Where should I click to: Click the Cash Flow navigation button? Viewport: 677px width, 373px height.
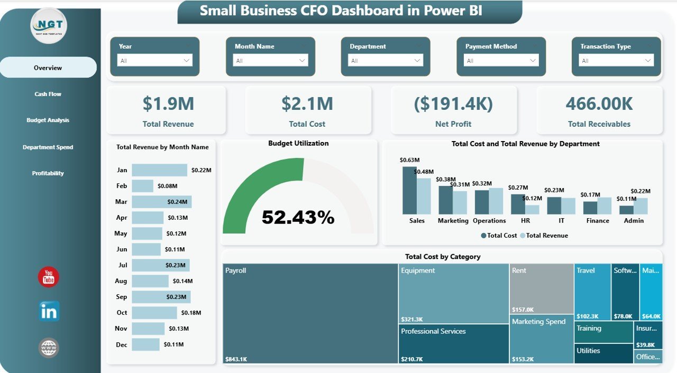pos(48,94)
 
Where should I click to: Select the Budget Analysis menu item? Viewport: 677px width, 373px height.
pos(48,120)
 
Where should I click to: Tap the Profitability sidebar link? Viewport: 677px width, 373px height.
pos(48,173)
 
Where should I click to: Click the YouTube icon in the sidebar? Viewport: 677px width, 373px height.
pos(49,277)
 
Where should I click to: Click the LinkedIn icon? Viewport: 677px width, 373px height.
pos(49,312)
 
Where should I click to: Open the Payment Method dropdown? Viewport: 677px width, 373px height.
pos(501,61)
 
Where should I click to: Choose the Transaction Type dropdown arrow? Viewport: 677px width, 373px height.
pos(648,61)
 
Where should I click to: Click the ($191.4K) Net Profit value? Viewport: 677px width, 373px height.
pos(453,104)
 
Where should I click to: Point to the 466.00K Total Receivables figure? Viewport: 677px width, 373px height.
pos(599,104)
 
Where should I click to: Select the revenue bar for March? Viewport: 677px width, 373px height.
pos(161,202)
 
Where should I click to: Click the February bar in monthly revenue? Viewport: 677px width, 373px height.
pos(142,186)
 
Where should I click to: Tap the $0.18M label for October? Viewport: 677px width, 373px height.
pos(191,313)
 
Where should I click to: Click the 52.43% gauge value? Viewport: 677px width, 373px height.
pos(298,217)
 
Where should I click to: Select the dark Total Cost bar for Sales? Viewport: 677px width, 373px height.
pos(409,190)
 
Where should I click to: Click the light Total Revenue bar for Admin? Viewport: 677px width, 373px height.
pos(641,206)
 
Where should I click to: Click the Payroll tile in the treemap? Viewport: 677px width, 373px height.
pos(310,314)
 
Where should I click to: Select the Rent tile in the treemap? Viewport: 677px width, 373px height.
pos(541,289)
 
